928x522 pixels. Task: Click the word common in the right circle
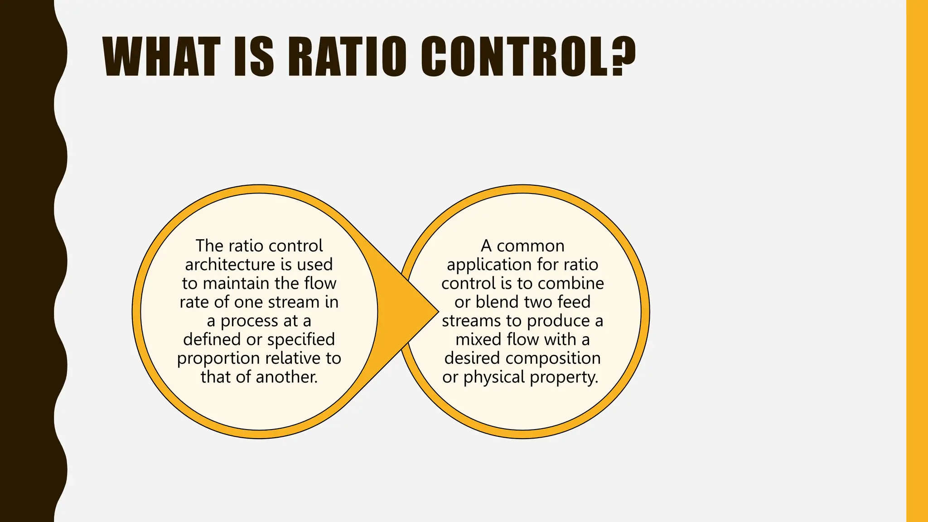531,246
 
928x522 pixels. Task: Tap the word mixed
478,339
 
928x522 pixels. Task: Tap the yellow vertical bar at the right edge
917,261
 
